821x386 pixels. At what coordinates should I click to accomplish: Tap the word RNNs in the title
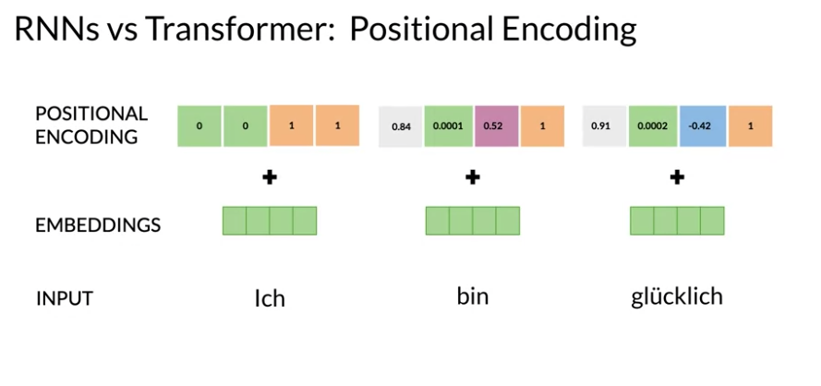[x=56, y=30]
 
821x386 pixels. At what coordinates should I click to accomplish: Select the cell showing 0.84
[x=401, y=127]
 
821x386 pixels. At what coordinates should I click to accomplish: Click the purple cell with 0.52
[x=496, y=127]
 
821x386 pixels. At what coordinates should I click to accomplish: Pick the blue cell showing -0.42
[x=703, y=127]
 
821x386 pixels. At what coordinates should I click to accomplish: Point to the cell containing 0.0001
[x=448, y=127]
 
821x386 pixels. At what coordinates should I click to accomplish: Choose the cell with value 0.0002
[x=653, y=127]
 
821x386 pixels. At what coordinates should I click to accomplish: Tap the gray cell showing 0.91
[x=604, y=127]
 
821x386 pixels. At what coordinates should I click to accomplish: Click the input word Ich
[x=270, y=298]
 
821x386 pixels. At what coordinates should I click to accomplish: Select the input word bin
[x=473, y=296]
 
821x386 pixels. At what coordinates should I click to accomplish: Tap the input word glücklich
[x=677, y=297]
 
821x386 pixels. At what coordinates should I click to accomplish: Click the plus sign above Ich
[x=270, y=177]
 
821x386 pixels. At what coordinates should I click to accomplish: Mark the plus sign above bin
[x=473, y=177]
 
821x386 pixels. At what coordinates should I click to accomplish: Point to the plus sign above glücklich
[x=677, y=177]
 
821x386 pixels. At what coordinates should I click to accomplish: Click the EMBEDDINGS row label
[x=98, y=225]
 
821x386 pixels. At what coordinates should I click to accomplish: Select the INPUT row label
[x=65, y=299]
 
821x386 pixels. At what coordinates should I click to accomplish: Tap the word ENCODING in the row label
[x=87, y=138]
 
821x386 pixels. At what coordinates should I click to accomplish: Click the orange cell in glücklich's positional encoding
[x=750, y=127]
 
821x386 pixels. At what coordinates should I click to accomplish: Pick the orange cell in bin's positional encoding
[x=542, y=127]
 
